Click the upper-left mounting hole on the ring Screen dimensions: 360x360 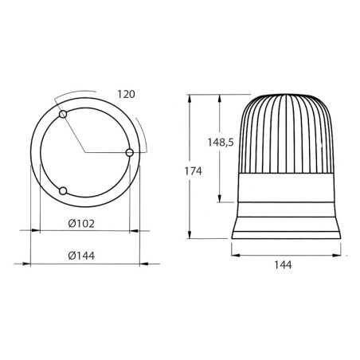64,116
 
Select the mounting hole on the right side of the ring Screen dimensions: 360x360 131,151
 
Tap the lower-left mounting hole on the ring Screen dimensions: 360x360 64,190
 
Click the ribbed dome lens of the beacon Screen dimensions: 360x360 288,131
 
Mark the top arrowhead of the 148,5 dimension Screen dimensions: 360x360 219,95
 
